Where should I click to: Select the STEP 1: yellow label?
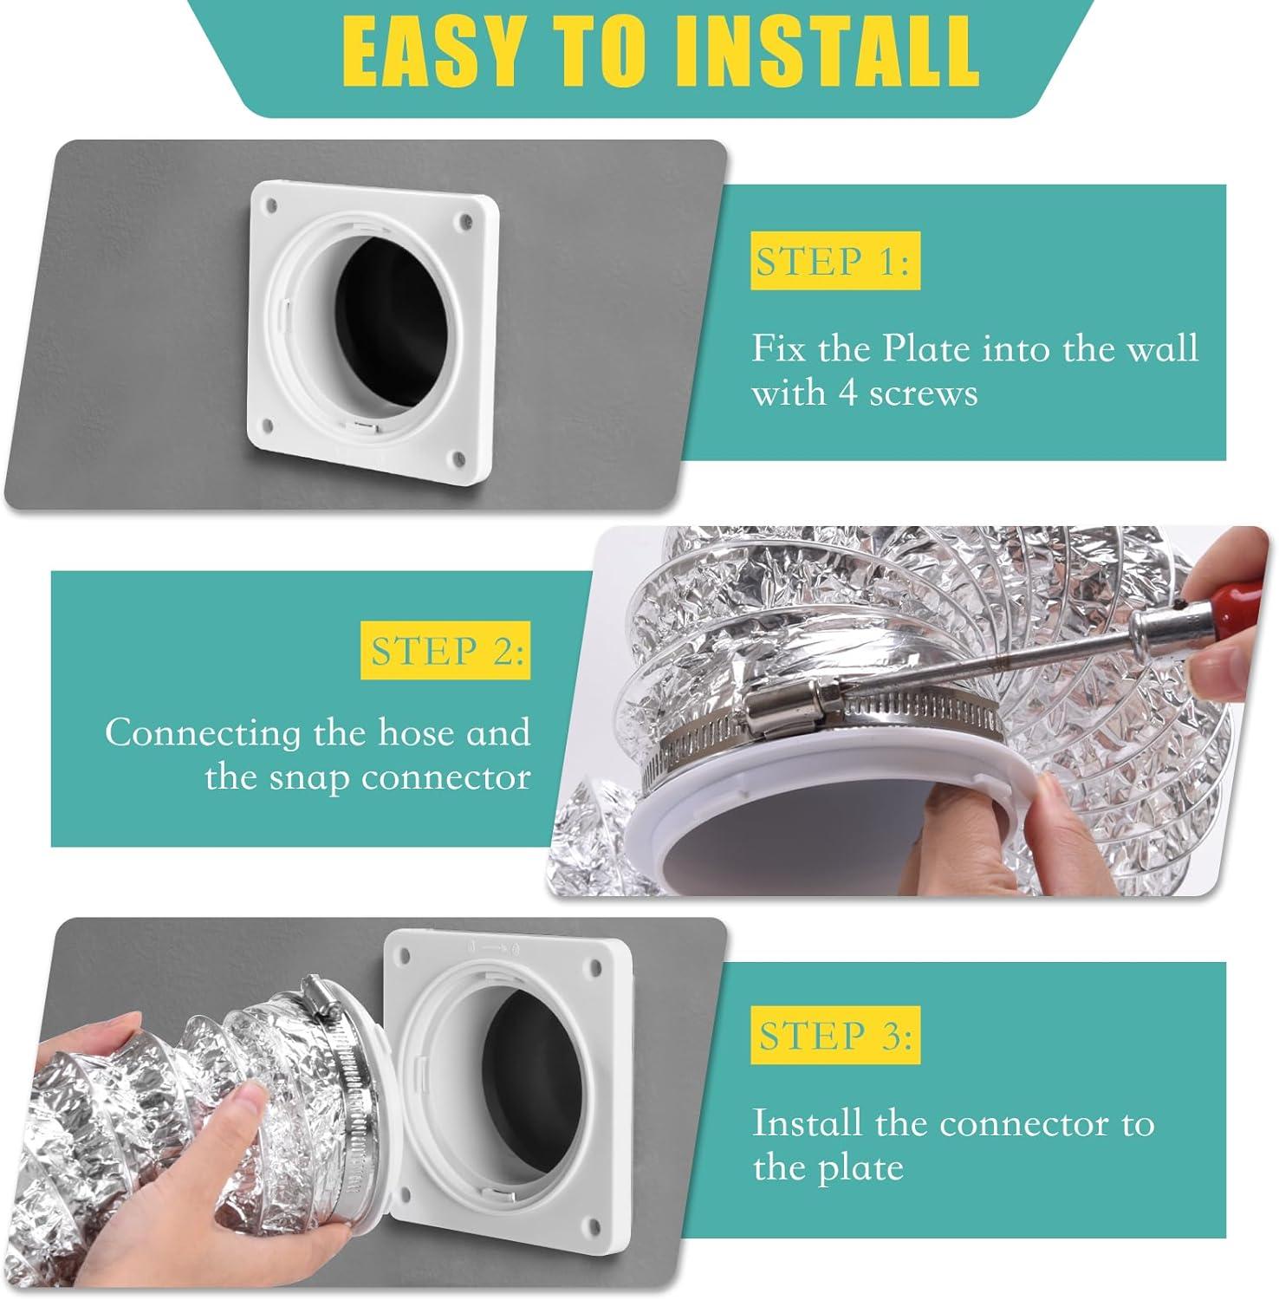click(x=834, y=261)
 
